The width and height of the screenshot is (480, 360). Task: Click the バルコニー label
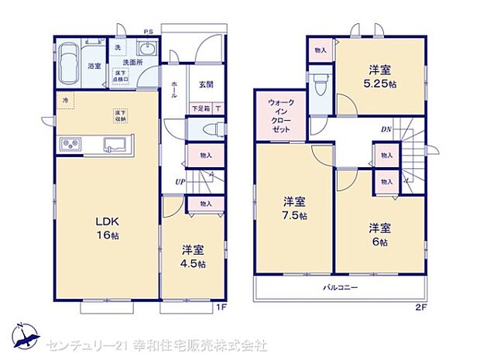coord(341,287)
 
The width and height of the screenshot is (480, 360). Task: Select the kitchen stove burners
coord(70,144)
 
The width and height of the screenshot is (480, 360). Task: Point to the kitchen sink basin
coord(118,143)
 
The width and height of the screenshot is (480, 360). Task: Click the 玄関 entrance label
coord(205,84)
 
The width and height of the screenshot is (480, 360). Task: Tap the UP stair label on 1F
coord(180,182)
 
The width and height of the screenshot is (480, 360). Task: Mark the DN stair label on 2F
coord(386,129)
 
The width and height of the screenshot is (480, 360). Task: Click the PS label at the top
coord(147,31)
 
